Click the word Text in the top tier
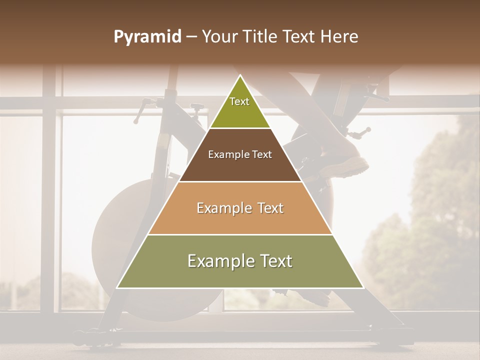(239, 102)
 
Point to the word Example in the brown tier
(228, 155)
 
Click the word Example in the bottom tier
(218, 261)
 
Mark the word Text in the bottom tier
(274, 261)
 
